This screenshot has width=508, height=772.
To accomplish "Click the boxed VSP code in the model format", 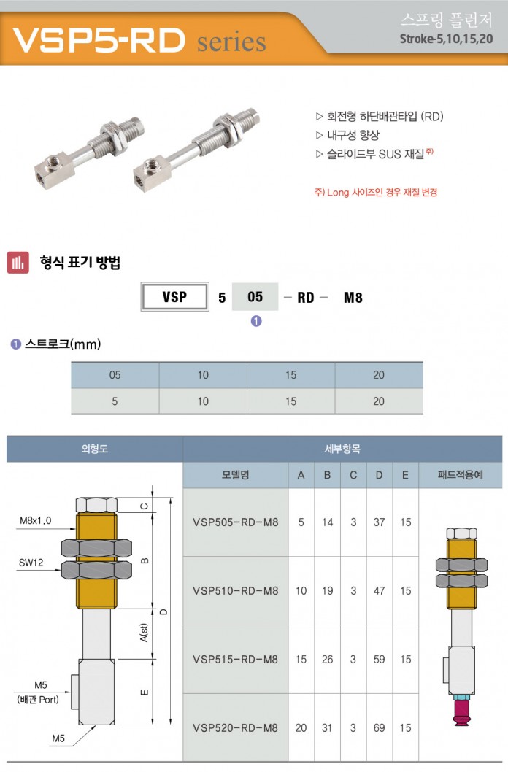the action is (x=174, y=297).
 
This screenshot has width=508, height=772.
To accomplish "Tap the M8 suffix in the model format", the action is (x=353, y=298).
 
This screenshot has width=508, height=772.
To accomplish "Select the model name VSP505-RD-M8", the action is (x=235, y=522).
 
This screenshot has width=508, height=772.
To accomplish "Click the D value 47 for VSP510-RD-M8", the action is (x=379, y=591).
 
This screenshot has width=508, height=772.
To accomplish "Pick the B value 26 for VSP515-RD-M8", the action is (x=327, y=659).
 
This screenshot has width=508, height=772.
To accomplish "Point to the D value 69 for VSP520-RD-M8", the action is (x=379, y=727).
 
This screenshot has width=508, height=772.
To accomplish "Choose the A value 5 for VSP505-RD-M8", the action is (x=301, y=522).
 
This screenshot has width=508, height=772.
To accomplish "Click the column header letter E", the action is (x=405, y=475).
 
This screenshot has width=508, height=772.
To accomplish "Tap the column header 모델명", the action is (x=235, y=475).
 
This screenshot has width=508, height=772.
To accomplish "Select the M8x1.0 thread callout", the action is (x=36, y=520).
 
